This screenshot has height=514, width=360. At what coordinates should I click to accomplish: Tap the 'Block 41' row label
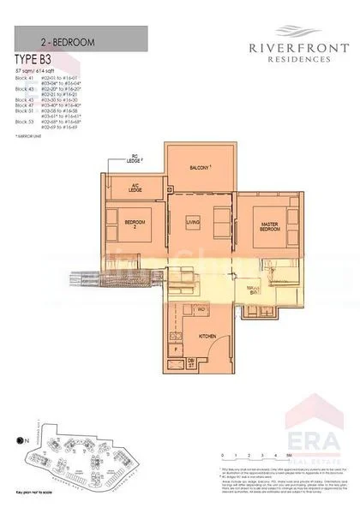click(25, 77)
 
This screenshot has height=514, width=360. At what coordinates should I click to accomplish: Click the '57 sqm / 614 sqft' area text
click(35, 69)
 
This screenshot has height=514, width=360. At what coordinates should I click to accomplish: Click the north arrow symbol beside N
click(21, 440)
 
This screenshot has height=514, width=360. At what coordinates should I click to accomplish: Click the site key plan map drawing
click(81, 458)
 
